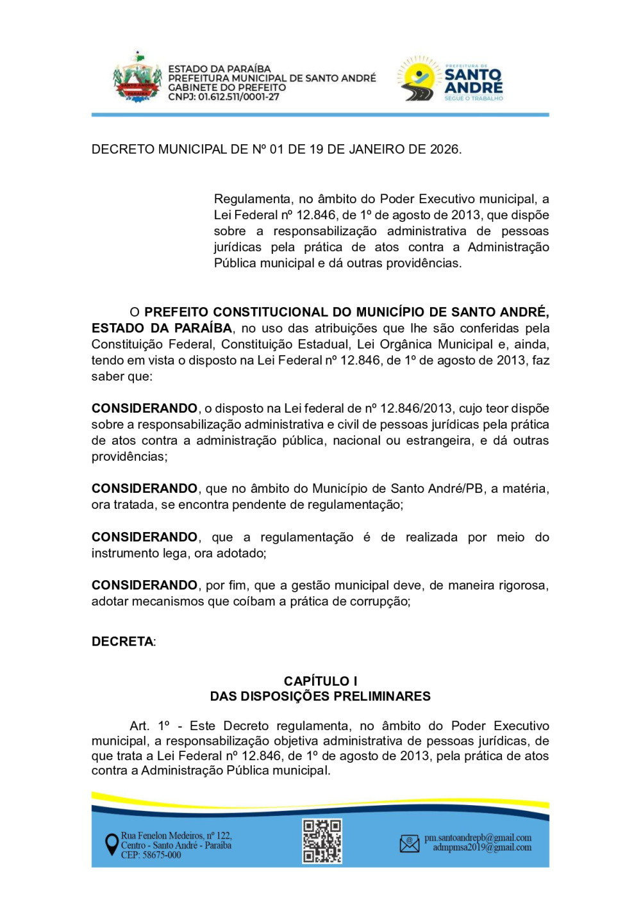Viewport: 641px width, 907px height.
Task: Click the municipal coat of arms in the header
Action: (137, 78)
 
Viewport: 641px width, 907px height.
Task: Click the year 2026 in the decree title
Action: (444, 149)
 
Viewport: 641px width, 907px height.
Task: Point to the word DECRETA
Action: (122, 642)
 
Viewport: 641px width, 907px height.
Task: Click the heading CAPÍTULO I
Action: (320, 681)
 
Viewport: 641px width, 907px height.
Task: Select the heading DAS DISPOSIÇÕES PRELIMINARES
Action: (320, 696)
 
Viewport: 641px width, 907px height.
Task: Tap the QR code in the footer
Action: (322, 840)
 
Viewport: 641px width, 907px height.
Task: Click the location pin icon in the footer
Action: (112, 844)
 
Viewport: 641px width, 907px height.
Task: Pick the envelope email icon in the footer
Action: (410, 844)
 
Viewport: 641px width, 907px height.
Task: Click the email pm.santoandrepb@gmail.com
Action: (478, 838)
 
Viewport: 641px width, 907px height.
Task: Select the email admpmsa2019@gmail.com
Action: (482, 847)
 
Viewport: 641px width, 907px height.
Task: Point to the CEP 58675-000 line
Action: (151, 855)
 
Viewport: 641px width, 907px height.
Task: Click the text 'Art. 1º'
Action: (149, 726)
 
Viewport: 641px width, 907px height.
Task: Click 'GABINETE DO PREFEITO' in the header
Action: (227, 88)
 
